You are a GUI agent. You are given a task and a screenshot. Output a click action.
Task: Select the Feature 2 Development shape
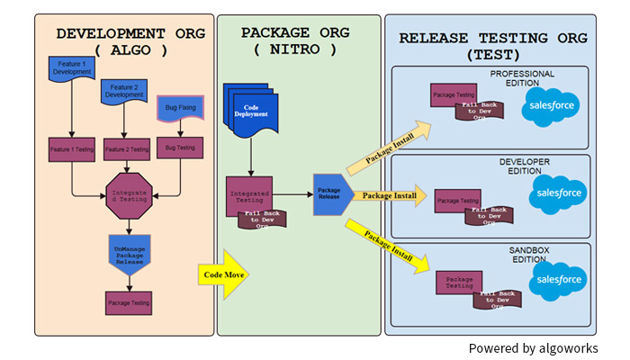click(x=124, y=90)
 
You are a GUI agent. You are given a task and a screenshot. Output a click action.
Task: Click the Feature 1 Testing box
click(x=72, y=148)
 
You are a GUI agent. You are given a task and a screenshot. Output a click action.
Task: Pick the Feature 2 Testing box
click(x=128, y=148)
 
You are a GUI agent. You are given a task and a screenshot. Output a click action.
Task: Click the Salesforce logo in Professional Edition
click(x=552, y=106)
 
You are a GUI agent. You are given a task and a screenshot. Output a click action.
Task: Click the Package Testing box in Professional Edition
click(x=452, y=95)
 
